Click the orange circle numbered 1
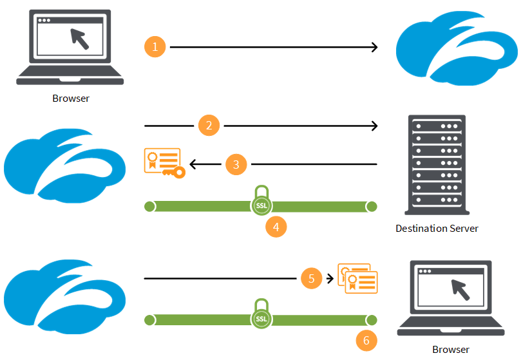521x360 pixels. (155, 47)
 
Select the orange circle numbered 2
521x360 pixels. (209, 125)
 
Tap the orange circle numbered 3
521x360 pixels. (236, 165)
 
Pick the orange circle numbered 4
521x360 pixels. (276, 227)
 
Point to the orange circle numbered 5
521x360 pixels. (312, 278)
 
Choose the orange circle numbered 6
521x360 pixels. (366, 340)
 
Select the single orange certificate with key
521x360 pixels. (164, 163)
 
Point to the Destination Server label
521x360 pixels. (437, 229)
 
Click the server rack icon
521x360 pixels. (435, 165)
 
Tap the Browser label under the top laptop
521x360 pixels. (71, 99)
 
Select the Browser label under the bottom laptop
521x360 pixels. (450, 349)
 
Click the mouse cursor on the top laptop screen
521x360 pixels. (80, 38)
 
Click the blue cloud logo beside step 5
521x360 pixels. (64, 292)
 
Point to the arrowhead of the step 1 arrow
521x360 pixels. (374, 47)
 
